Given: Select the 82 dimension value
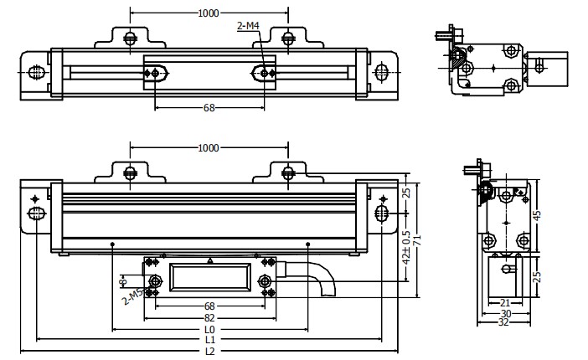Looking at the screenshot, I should pyautogui.click(x=209, y=318).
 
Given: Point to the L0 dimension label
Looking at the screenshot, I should pyautogui.click(x=209, y=329).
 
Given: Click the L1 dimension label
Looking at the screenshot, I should pyautogui.click(x=209, y=340).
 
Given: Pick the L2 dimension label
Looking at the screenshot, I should pyautogui.click(x=209, y=351).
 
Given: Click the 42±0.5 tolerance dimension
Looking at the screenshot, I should pyautogui.click(x=406, y=247).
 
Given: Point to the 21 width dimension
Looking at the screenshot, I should pyautogui.click(x=505, y=302).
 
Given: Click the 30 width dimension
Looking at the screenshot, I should pyautogui.click(x=505, y=312).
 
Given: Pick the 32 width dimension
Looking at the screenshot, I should pyautogui.click(x=505, y=322).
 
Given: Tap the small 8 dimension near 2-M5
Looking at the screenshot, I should pyautogui.click(x=123, y=280).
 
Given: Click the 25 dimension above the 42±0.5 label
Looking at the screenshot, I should pyautogui.click(x=406, y=193).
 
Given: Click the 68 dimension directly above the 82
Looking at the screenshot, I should pyautogui.click(x=209, y=306).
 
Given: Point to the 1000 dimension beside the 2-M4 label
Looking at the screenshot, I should pyautogui.click(x=208, y=13).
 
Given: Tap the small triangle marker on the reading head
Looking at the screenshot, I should pyautogui.click(x=211, y=261).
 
